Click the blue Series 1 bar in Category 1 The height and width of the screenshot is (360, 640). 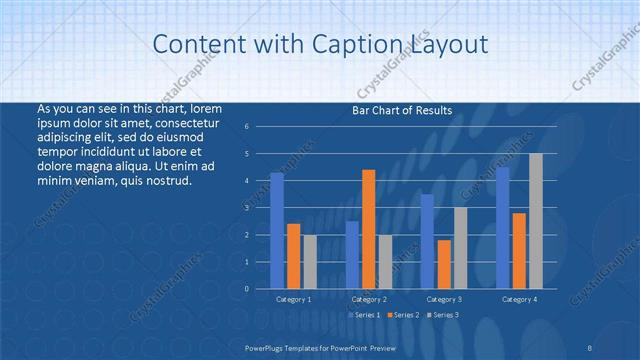point(277,231)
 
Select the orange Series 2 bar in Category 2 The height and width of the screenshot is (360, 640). point(369,229)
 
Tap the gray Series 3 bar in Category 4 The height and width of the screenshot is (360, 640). point(536,221)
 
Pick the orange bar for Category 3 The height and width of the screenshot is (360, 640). point(444,264)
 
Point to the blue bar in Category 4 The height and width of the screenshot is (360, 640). point(502,228)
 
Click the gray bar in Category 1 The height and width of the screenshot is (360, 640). point(310,262)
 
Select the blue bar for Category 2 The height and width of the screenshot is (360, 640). point(352,255)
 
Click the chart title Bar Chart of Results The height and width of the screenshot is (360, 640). point(402,111)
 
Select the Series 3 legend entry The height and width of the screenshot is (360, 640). point(442,315)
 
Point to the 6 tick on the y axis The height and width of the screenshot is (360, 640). point(247,127)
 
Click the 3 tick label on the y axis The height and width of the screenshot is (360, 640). point(247,208)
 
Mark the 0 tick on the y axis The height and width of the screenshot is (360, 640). point(247,289)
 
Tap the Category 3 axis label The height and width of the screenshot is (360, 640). point(444,299)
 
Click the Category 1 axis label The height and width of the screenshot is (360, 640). point(294,299)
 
